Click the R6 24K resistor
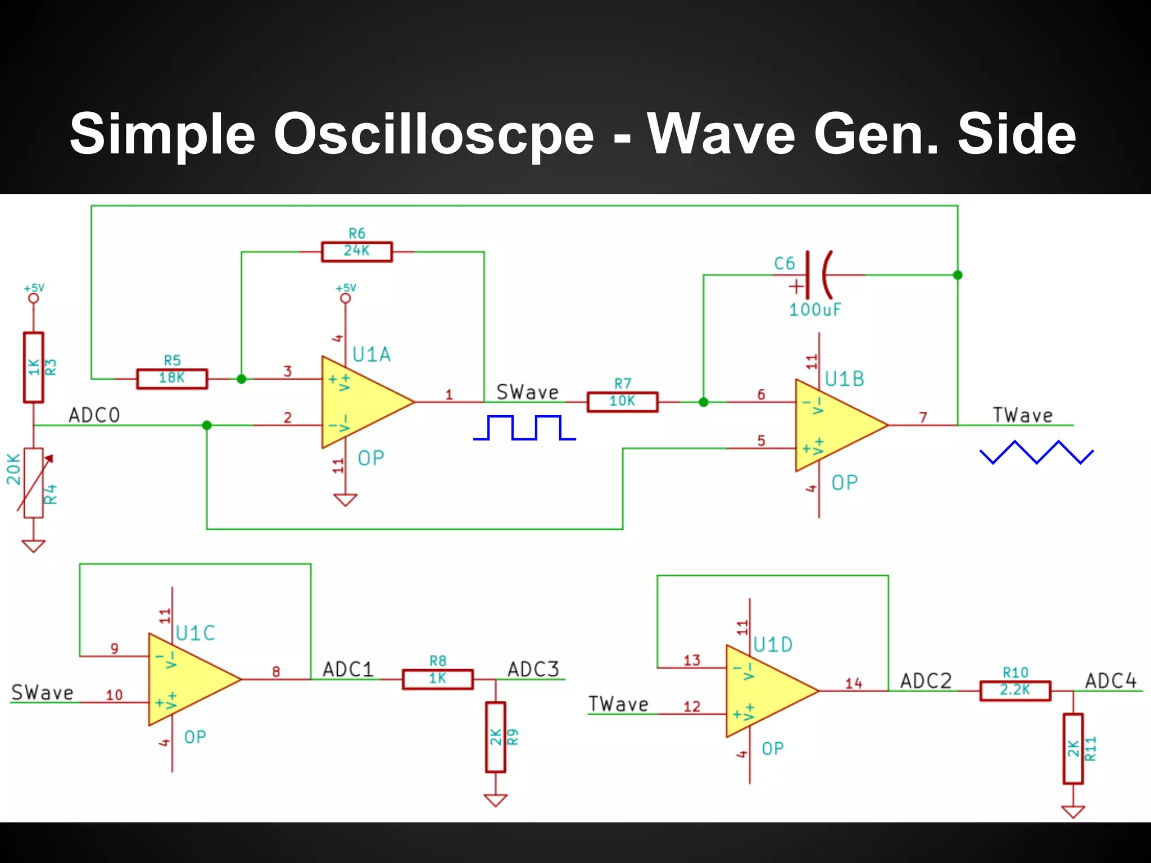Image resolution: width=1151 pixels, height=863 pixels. (x=357, y=252)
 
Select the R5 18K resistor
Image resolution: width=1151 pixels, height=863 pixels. (x=172, y=379)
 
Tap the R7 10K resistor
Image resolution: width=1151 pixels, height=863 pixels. (x=622, y=402)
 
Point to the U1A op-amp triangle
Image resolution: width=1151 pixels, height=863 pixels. (x=362, y=402)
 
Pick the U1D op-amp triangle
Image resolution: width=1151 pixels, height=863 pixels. (x=767, y=691)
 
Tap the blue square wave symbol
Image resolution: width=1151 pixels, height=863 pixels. (x=524, y=428)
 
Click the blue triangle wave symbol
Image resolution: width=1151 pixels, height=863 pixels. (x=1036, y=452)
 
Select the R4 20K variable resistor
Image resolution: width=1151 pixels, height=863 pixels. (x=34, y=483)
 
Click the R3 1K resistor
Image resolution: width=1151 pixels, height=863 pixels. (x=34, y=367)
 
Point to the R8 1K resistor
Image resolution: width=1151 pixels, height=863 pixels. (x=438, y=679)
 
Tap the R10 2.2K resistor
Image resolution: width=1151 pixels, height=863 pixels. (x=1015, y=691)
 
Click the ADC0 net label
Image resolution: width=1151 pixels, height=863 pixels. (x=94, y=415)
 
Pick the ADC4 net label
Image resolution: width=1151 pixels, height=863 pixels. (x=1111, y=681)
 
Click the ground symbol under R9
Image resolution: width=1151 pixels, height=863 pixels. (x=495, y=800)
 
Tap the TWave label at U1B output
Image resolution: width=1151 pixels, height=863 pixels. (x=1022, y=415)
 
